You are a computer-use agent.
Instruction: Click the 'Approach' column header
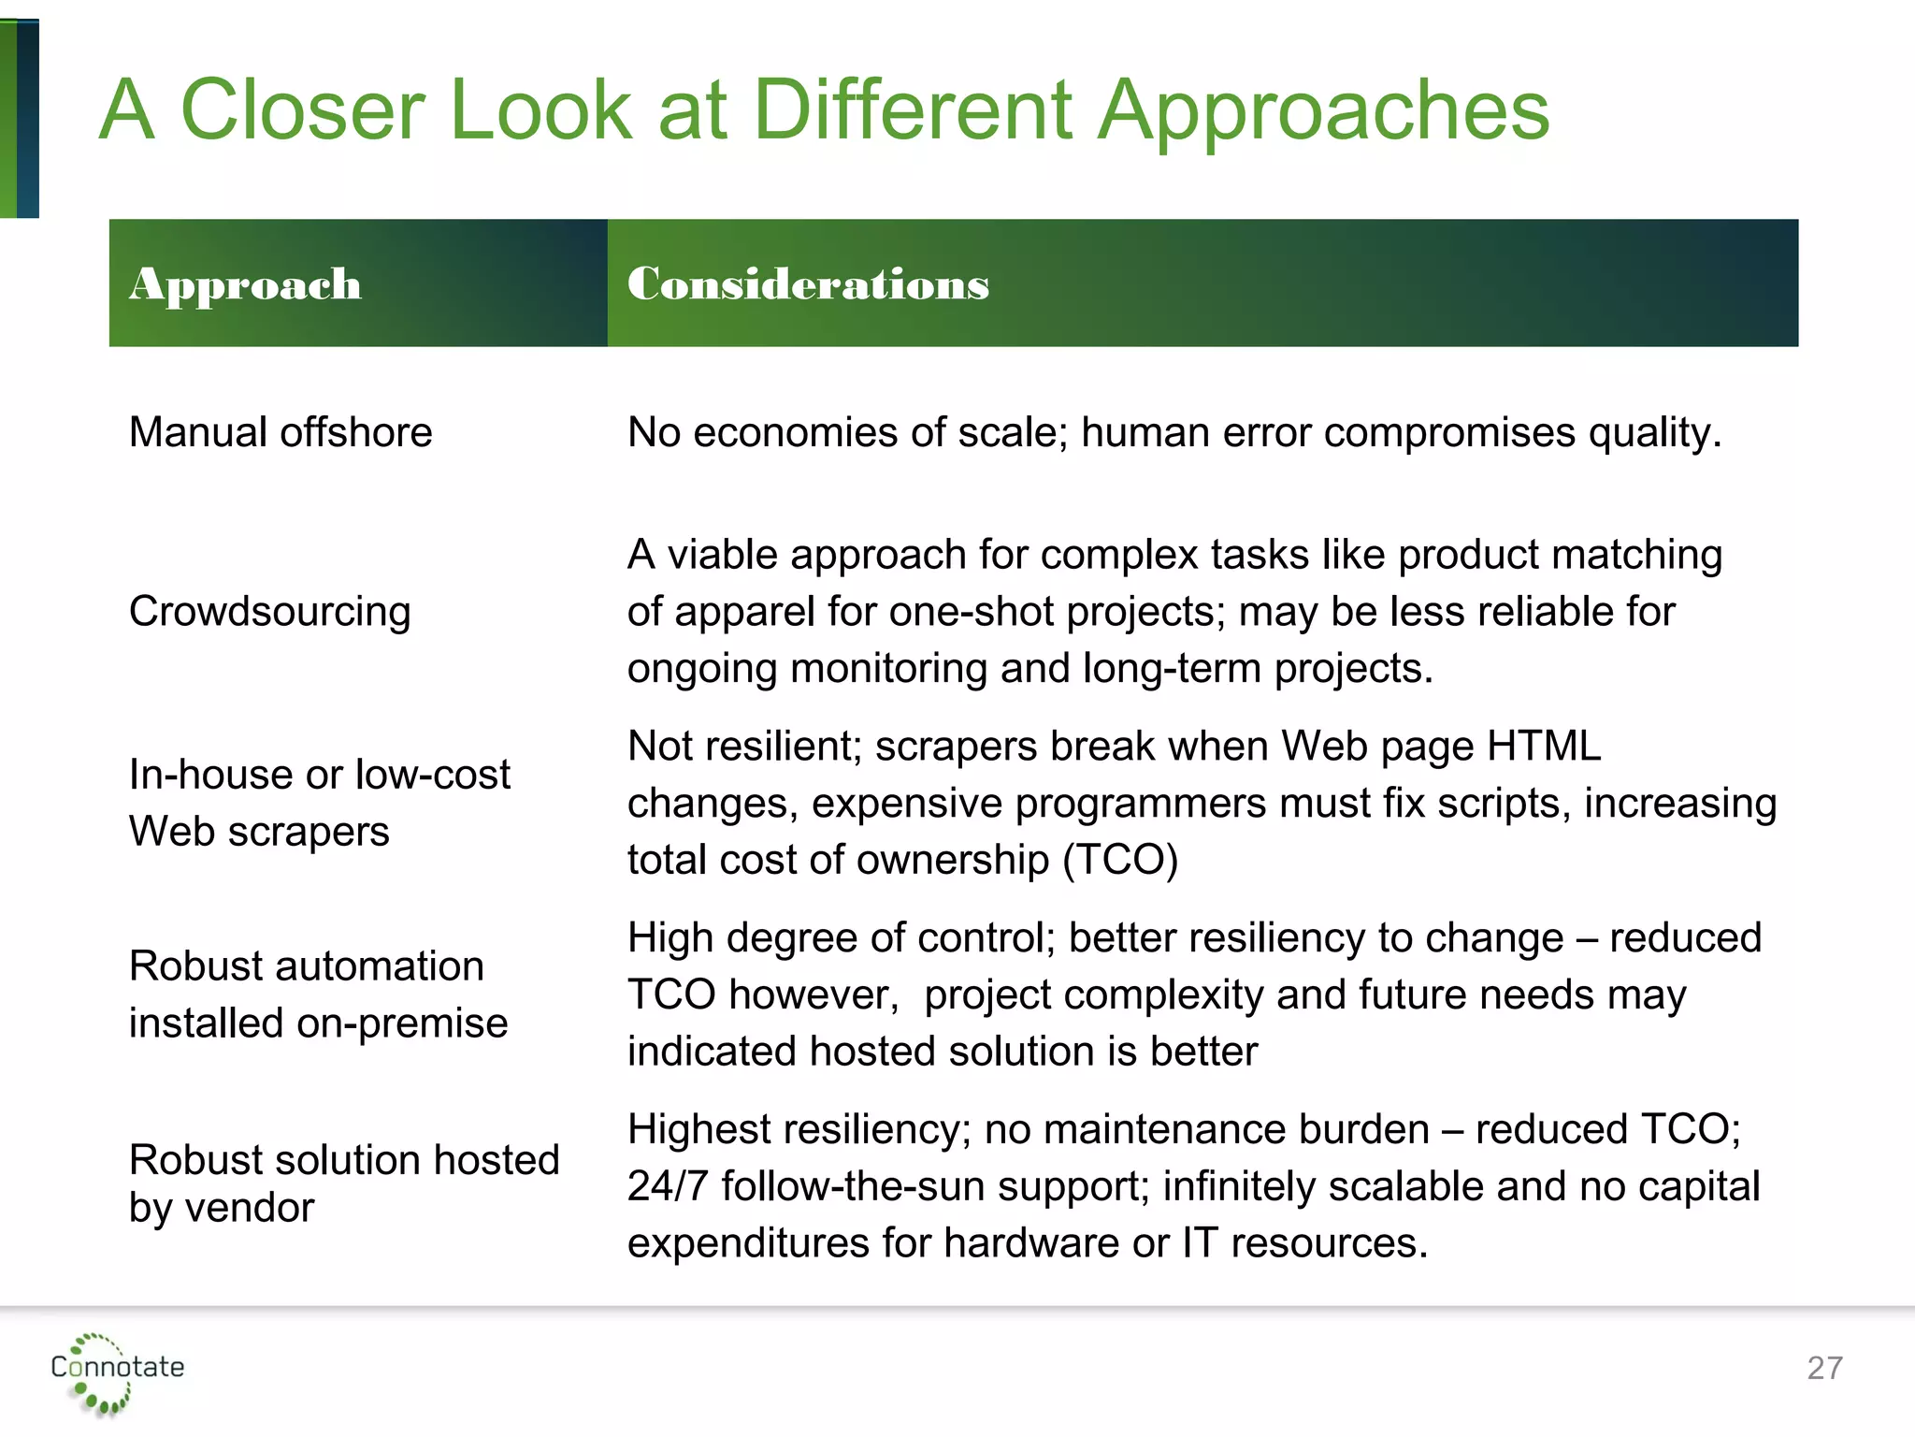click(245, 284)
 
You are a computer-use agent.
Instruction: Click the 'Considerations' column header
click(808, 284)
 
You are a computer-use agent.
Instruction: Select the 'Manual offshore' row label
click(281, 433)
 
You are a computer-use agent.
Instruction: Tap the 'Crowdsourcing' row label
click(269, 612)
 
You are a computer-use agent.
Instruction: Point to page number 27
click(1824, 1369)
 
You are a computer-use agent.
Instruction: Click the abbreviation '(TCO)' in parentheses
click(1120, 860)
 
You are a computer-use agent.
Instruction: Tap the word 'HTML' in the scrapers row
click(1544, 747)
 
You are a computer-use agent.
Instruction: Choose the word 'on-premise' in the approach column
click(401, 1023)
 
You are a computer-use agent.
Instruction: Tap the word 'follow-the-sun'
click(853, 1186)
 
